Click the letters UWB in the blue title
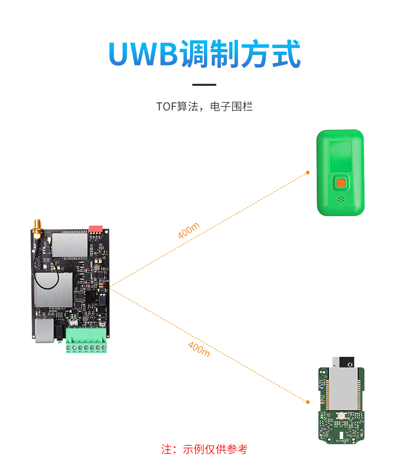[x=143, y=54]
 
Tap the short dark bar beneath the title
[x=204, y=85]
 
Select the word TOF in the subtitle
[x=166, y=107]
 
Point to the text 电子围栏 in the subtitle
[x=231, y=107]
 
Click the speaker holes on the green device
[x=341, y=199]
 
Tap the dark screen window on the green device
[x=341, y=156]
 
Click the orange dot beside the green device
[x=308, y=172]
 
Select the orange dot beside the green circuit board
[x=308, y=402]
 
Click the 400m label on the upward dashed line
[x=188, y=230]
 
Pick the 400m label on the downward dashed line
[x=199, y=349]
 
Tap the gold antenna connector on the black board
[x=37, y=229]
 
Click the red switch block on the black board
[x=96, y=229]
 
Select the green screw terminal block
[x=86, y=340]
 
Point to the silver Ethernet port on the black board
[x=45, y=330]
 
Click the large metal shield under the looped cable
[x=54, y=290]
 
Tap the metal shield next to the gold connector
[x=70, y=245]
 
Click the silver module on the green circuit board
[x=343, y=389]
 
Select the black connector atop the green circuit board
[x=347, y=362]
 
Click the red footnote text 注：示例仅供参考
[x=204, y=449]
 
